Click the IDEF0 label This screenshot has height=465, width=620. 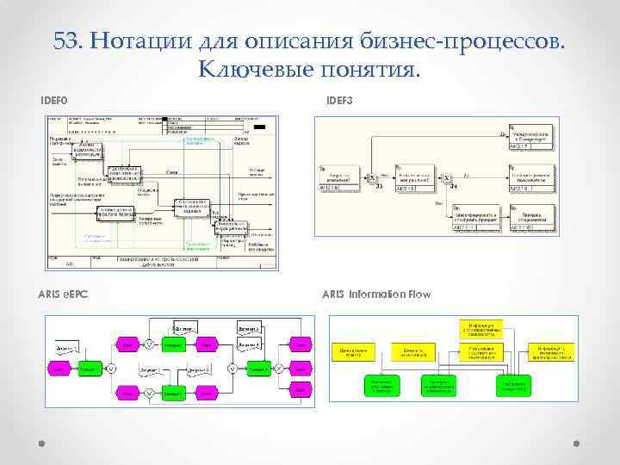(53, 101)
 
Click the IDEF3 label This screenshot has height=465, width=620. (339, 101)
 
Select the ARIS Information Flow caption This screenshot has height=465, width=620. (376, 294)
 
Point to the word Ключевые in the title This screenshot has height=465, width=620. (252, 66)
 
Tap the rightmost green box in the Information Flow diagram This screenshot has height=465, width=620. (516, 385)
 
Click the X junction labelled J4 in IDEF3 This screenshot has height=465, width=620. (446, 177)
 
